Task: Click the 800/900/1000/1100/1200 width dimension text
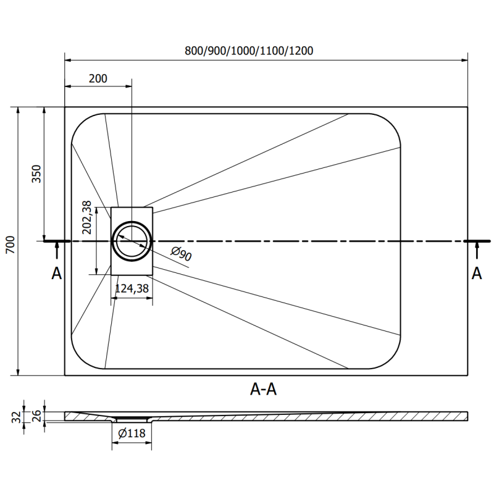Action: [x=249, y=51]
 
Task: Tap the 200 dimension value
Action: [x=98, y=78]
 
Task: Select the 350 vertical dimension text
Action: [x=36, y=174]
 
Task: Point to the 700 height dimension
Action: [x=10, y=245]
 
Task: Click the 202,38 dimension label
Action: [x=86, y=217]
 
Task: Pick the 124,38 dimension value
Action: [x=132, y=288]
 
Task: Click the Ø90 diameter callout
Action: [x=181, y=254]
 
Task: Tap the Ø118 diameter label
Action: [x=132, y=433]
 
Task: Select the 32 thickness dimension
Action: [x=17, y=417]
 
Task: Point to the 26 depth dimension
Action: [x=36, y=416]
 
